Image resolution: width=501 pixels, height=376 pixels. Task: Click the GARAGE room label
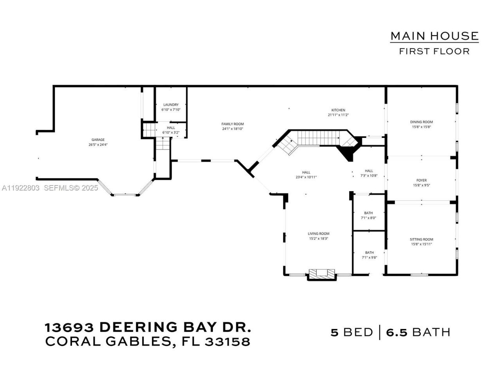pyautogui.click(x=98, y=140)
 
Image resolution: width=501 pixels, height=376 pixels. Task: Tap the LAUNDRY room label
pyautogui.click(x=171, y=105)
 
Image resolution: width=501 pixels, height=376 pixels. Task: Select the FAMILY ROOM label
pyautogui.click(x=232, y=124)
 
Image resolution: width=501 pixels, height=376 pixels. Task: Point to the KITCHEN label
pyautogui.click(x=338, y=110)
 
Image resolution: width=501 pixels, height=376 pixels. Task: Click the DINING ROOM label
pyautogui.click(x=421, y=122)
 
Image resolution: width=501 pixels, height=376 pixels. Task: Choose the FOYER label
pyautogui.click(x=421, y=181)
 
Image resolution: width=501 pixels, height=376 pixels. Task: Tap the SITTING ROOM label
pyautogui.click(x=421, y=239)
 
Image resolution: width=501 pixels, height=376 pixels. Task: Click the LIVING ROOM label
pyautogui.click(x=318, y=234)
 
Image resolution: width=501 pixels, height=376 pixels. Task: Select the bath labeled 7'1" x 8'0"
pyautogui.click(x=368, y=215)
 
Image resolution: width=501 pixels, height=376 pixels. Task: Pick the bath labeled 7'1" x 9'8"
pyautogui.click(x=369, y=255)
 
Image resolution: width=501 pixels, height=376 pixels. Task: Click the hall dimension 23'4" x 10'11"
pyautogui.click(x=306, y=177)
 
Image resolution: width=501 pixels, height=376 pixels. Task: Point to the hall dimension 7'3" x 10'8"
pyautogui.click(x=369, y=175)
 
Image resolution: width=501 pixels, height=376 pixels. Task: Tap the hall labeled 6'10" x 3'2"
pyautogui.click(x=171, y=130)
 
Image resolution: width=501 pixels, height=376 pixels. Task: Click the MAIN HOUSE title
pyautogui.click(x=434, y=36)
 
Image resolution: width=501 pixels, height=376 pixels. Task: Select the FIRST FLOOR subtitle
pyautogui.click(x=434, y=51)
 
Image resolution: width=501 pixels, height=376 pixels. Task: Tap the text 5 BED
pyautogui.click(x=351, y=333)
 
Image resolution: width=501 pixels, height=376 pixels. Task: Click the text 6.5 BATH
pyautogui.click(x=418, y=333)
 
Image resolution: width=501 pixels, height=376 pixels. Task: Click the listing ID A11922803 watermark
pyautogui.click(x=20, y=188)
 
